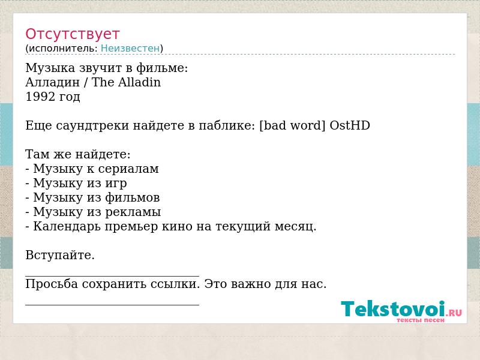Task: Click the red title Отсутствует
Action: coord(72,34)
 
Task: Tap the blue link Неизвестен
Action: coord(130,48)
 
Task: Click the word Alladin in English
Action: coord(139,82)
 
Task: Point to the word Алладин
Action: coord(52,82)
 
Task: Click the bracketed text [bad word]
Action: coord(292,125)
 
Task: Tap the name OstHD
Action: coord(350,125)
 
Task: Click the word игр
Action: coord(116,184)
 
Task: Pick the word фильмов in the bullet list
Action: coord(132,197)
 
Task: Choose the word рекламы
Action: coord(133,212)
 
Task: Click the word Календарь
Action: coord(67,226)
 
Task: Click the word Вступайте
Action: coord(60,256)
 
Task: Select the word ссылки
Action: coord(175,284)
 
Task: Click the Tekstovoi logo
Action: coord(401,310)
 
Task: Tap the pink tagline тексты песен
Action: coord(421,320)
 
